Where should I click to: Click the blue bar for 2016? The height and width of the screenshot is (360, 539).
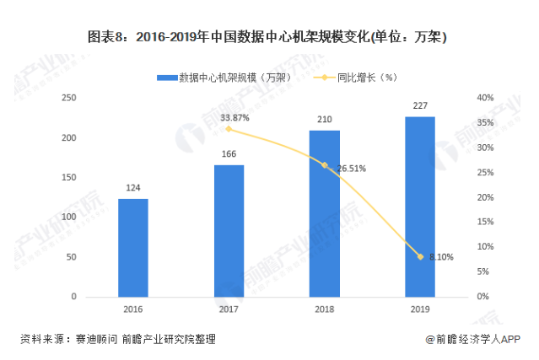point(132,248)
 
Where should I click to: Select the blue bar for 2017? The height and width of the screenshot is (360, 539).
point(229,231)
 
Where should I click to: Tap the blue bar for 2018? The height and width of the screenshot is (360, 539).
point(324,213)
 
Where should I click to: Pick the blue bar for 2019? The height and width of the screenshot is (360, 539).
point(420,207)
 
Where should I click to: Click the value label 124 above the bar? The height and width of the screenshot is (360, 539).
point(132,188)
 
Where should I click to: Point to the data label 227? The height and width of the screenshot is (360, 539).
point(420,105)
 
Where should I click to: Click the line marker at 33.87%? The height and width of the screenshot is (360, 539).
point(229,129)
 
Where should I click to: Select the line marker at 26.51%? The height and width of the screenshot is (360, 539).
point(325,165)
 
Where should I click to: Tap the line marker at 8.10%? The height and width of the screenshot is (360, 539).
point(420,256)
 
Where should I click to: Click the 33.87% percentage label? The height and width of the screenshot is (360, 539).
point(234,117)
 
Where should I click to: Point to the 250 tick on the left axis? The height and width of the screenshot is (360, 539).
point(69,98)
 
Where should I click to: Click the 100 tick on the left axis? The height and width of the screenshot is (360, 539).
point(69,218)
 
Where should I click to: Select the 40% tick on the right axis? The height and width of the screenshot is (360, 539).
point(484,98)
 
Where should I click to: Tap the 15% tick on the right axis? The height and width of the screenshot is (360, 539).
point(484,223)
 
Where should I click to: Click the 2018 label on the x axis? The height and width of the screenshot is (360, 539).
point(324,309)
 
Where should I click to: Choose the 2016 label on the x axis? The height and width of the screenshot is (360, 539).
point(132,309)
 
